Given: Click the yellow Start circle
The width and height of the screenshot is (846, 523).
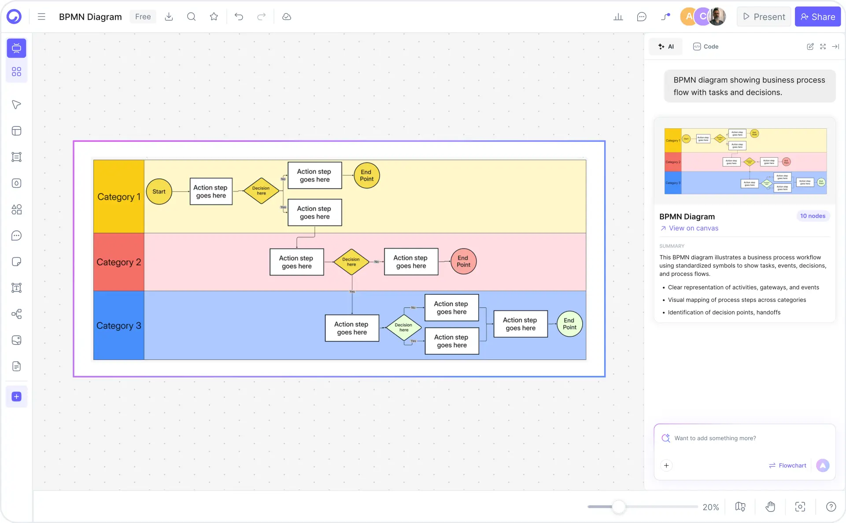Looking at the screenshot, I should [x=159, y=191].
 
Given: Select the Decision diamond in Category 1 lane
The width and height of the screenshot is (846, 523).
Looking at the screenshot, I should [x=261, y=191].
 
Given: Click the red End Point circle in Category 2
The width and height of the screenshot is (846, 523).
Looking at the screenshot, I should [x=463, y=261].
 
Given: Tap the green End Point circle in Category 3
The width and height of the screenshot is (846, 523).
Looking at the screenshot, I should [x=569, y=324].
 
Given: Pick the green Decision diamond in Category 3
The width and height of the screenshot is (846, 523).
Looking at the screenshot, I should [x=403, y=327].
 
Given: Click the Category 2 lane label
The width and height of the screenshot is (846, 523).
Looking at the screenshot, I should [x=118, y=262].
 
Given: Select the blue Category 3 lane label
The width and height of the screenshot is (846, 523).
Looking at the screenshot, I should [x=118, y=326].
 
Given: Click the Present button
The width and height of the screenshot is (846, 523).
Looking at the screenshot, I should [x=764, y=17].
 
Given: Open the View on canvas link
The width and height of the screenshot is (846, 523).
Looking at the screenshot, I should [x=693, y=228].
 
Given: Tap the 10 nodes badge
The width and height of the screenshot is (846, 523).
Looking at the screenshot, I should [x=812, y=216].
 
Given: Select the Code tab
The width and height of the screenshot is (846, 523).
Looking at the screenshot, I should [x=706, y=47].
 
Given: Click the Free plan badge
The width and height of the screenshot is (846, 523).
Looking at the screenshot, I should [x=143, y=17].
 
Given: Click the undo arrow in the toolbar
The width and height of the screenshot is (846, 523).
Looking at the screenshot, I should [x=239, y=17].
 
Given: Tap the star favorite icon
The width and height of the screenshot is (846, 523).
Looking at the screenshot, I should [x=214, y=17].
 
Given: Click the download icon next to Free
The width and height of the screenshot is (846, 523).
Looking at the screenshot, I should [x=169, y=17].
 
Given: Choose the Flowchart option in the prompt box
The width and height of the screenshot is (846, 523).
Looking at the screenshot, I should [x=787, y=465].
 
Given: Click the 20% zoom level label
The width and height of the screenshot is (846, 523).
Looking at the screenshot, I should [x=710, y=507].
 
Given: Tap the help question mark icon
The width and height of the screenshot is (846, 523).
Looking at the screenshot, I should [x=831, y=507].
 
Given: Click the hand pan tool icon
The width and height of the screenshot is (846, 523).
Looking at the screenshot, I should [x=770, y=507].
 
